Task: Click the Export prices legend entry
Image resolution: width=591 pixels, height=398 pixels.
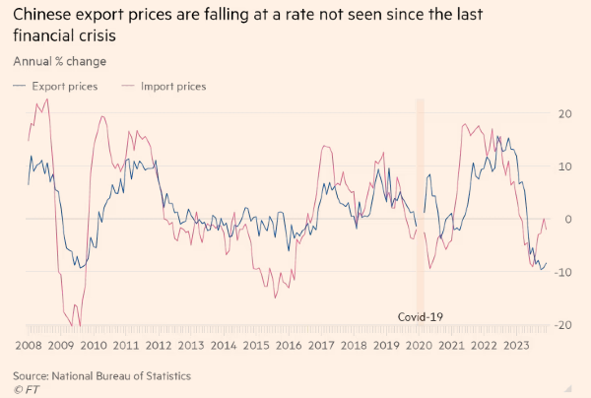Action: [x=55, y=87]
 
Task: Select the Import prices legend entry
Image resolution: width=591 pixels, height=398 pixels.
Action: [x=164, y=87]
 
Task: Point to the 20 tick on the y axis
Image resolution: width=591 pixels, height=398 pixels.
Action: [x=565, y=113]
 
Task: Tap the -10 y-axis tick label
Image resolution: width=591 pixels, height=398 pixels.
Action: [x=562, y=272]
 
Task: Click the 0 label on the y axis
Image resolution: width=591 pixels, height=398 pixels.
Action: [x=568, y=219]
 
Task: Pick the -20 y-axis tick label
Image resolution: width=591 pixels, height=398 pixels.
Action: [x=562, y=324]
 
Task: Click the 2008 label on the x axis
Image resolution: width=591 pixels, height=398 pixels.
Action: [x=29, y=345]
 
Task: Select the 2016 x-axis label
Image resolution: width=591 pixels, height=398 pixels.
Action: [x=289, y=345]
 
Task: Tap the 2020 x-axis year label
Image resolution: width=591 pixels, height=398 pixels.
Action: [x=419, y=345]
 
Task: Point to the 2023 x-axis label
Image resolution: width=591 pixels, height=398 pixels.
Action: [x=516, y=345]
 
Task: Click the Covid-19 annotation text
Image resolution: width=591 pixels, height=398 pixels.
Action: [x=421, y=317]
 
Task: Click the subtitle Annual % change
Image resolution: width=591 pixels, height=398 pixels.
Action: [x=59, y=61]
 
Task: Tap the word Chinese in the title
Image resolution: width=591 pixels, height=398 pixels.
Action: [x=41, y=15]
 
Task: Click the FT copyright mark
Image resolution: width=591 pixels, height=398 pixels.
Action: [x=27, y=389]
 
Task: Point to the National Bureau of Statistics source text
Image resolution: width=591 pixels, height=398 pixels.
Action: [x=121, y=375]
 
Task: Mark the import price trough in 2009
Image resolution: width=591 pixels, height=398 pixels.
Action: [x=80, y=326]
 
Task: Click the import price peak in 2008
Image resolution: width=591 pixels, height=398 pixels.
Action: [x=47, y=99]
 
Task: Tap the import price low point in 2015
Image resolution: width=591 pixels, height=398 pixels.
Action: [x=275, y=298]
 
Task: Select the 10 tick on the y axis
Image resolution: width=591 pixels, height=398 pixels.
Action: [x=565, y=166]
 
